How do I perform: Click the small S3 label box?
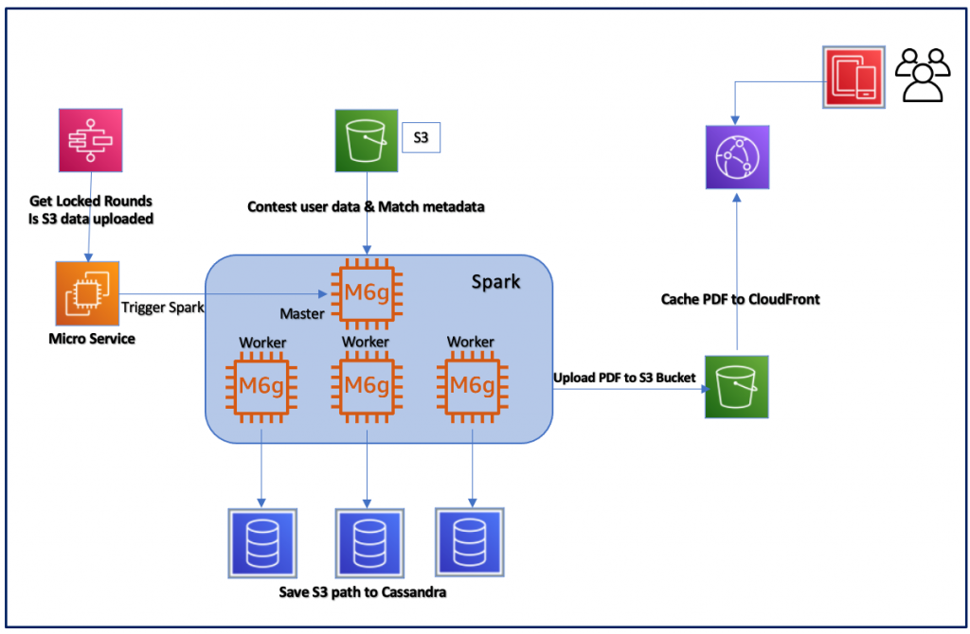(x=422, y=138)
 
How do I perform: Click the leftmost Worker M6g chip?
(x=260, y=386)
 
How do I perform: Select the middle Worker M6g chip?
(x=366, y=386)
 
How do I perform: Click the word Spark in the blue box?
(x=495, y=282)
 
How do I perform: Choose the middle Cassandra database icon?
(x=368, y=542)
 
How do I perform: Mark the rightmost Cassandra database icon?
(x=467, y=541)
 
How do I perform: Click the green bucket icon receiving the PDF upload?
(x=736, y=387)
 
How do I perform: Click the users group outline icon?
(x=923, y=75)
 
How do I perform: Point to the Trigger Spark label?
(x=162, y=308)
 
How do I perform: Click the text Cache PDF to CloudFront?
(x=740, y=299)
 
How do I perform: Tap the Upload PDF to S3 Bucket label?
(x=624, y=378)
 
